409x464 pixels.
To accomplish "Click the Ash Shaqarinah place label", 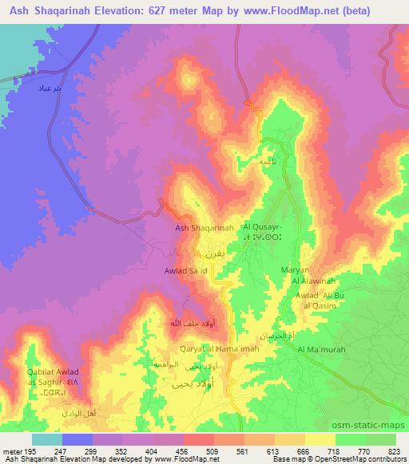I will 204,228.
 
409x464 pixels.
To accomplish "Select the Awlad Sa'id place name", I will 186,271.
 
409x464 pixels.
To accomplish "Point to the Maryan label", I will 295,271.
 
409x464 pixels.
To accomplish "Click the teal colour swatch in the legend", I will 46,439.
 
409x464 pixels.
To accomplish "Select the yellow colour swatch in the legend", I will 320,439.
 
